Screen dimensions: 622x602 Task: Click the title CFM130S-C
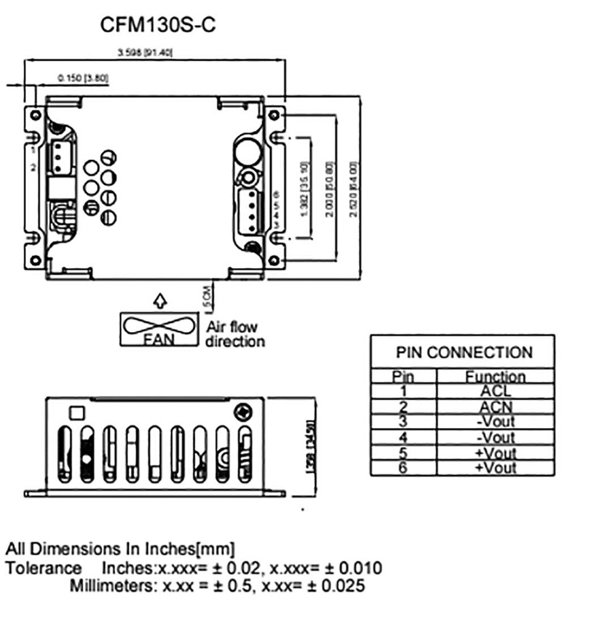point(158,26)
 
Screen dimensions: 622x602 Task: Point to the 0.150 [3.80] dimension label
point(83,78)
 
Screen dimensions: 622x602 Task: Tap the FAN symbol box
point(159,329)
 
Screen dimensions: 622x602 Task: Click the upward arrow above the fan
point(159,300)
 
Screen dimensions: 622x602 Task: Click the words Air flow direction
point(235,334)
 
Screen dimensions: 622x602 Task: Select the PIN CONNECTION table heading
point(464,352)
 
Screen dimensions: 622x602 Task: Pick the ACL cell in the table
point(495,392)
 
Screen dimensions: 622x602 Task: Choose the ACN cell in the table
point(495,407)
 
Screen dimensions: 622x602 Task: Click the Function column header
point(495,377)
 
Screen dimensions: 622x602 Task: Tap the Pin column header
point(404,377)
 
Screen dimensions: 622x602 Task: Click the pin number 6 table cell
point(404,468)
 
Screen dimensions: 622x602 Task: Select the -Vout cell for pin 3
point(495,422)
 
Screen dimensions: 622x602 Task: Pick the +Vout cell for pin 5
point(495,453)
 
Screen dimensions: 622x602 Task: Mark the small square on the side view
point(78,412)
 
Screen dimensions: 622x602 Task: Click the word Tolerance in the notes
point(44,569)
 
